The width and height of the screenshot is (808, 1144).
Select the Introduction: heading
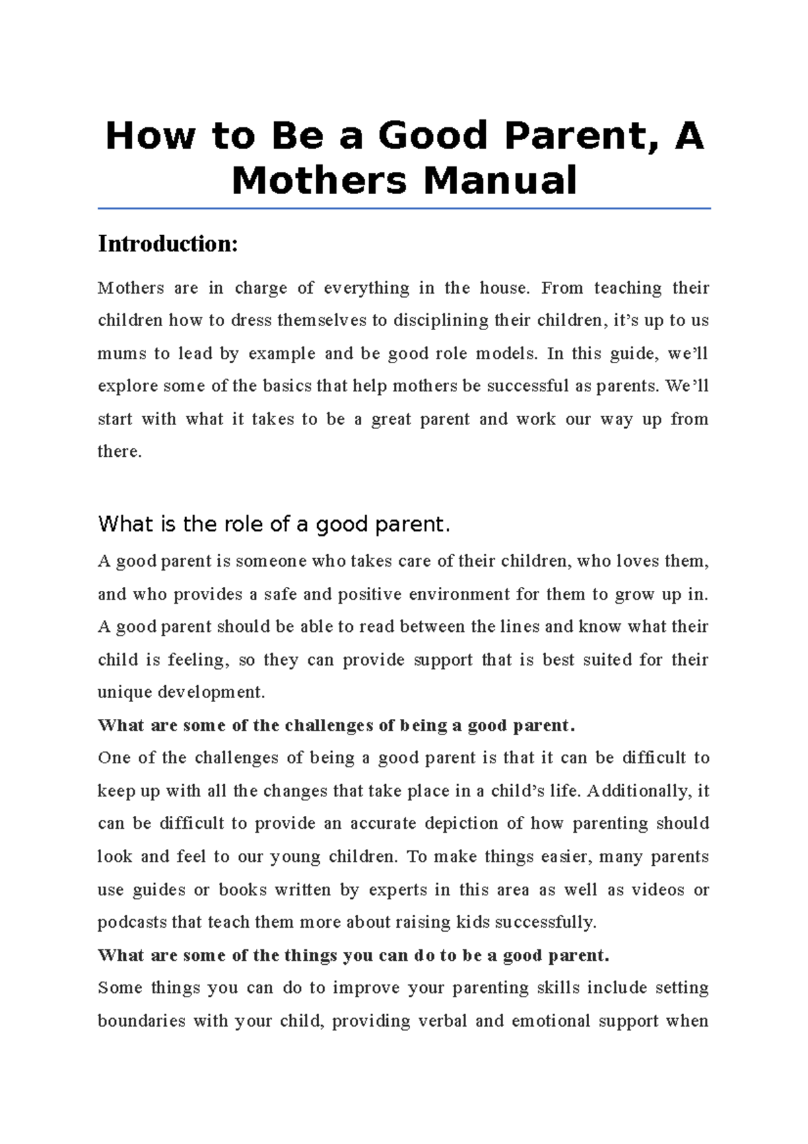pos(168,244)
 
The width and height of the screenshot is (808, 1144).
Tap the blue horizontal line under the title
pos(404,209)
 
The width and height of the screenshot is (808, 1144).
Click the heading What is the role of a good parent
pos(273,524)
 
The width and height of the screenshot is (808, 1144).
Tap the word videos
pos(658,890)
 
